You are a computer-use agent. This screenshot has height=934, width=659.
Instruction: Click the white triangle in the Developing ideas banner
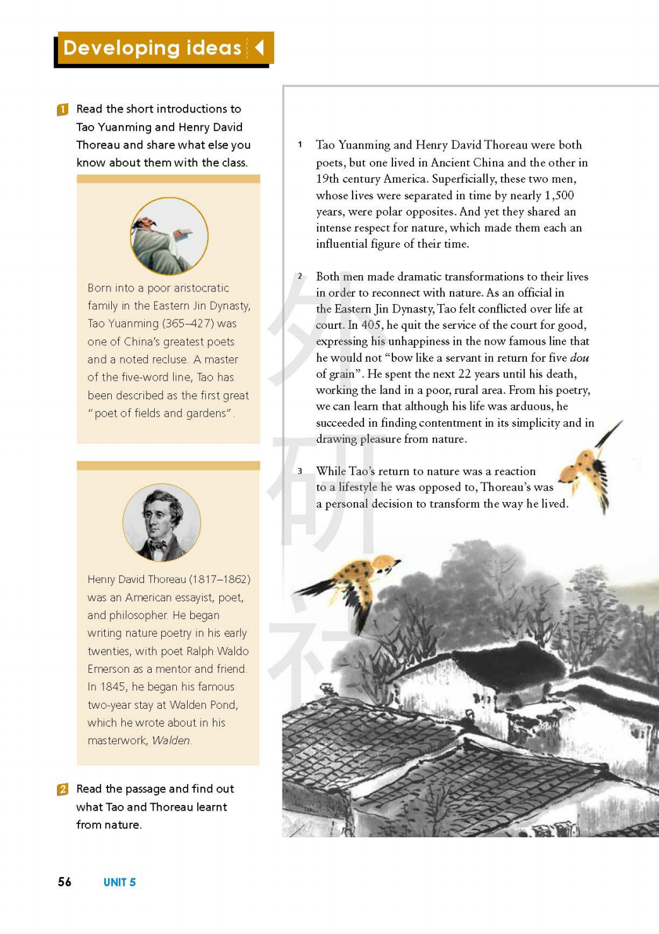(x=259, y=47)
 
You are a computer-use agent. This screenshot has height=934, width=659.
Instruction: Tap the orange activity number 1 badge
(x=63, y=109)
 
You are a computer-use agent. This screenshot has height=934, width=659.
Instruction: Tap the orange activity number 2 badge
(x=63, y=789)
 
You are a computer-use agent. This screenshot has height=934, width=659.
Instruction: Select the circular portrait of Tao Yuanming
(x=169, y=236)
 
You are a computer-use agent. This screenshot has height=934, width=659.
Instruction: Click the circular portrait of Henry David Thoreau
(x=162, y=522)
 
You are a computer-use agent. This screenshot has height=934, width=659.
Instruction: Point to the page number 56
(x=64, y=882)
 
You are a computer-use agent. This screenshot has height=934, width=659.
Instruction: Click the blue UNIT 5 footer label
(x=119, y=882)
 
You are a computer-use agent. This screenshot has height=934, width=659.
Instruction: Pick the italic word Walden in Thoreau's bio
(x=171, y=740)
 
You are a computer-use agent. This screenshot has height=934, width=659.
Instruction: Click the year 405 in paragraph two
(x=371, y=325)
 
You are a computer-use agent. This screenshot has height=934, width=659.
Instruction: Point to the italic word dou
(x=579, y=357)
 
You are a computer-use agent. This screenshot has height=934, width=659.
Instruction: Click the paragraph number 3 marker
(x=300, y=471)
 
